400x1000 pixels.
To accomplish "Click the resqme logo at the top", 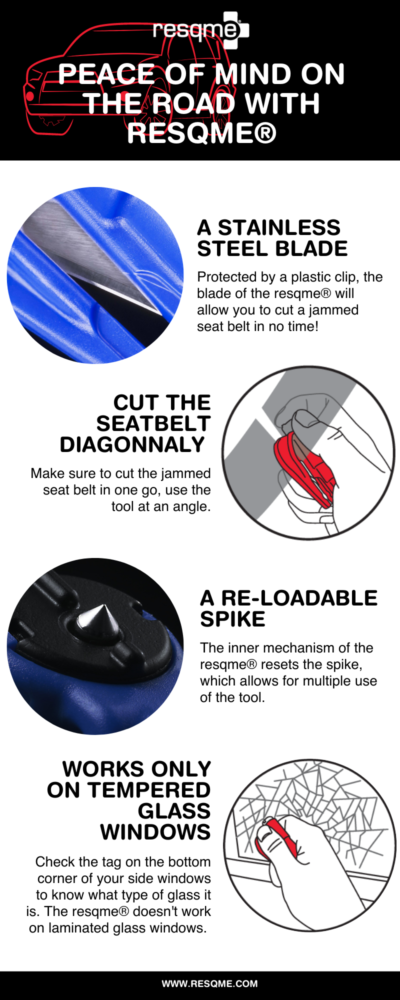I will pos(200,30).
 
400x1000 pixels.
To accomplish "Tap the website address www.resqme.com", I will pos(209,983).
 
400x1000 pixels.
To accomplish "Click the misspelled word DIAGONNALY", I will pos(132,444).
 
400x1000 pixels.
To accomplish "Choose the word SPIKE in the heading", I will pos(232,619).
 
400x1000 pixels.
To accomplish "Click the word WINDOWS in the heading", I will pos(155,832).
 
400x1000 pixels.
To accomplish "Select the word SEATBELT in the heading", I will pos(153,423).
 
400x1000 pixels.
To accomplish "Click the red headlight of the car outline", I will pos(29,95).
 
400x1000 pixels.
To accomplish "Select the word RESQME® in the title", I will pos(201,133).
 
